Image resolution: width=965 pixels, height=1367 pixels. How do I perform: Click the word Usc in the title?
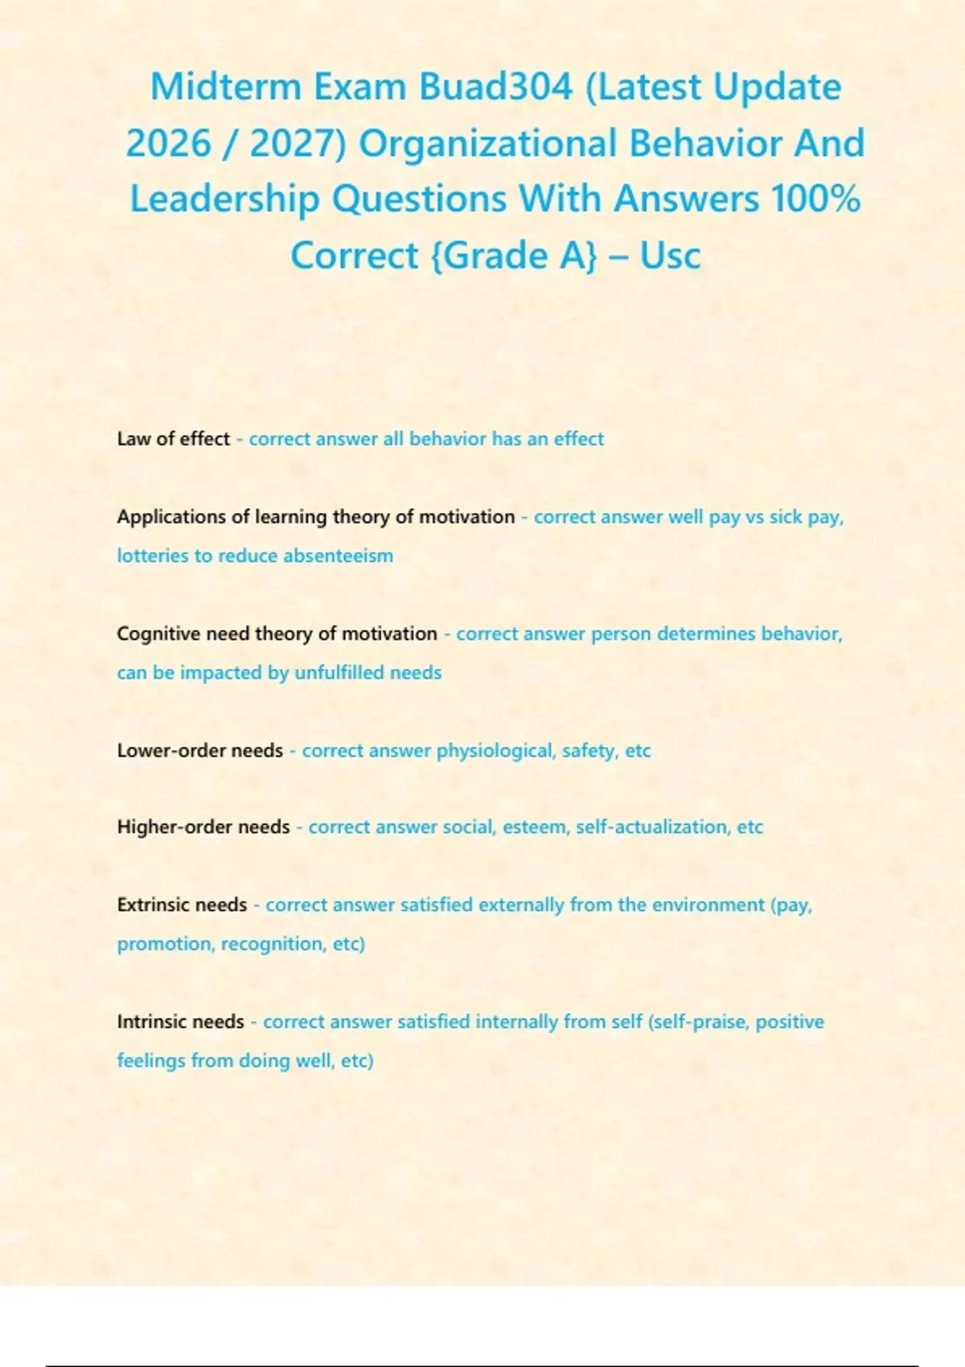click(670, 256)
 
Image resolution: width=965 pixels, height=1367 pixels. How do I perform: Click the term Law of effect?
click(174, 439)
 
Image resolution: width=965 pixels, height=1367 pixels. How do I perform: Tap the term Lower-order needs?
click(199, 751)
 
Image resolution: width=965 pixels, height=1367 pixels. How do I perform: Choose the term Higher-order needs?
click(203, 827)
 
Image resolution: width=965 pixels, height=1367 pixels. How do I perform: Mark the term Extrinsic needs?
click(182, 905)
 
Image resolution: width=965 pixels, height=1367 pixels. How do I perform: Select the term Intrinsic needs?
click(180, 1022)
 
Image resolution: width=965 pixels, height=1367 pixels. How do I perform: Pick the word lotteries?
click(152, 556)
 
